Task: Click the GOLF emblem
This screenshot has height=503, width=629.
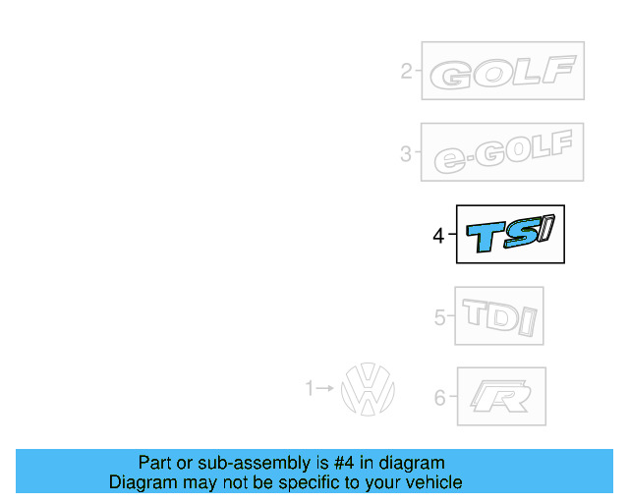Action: (502, 72)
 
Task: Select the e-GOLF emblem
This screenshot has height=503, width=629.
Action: (502, 153)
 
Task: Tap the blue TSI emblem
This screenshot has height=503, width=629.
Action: (510, 236)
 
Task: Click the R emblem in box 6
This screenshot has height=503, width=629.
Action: (501, 397)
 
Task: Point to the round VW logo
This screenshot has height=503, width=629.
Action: (368, 389)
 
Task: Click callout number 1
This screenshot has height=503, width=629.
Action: (310, 389)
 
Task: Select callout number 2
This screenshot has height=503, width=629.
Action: (405, 71)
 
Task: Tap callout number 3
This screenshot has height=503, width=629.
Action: (405, 153)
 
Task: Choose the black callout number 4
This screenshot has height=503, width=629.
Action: (438, 236)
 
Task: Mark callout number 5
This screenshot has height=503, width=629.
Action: (439, 317)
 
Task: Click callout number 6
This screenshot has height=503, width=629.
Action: (439, 398)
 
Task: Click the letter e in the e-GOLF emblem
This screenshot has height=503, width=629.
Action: (449, 161)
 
